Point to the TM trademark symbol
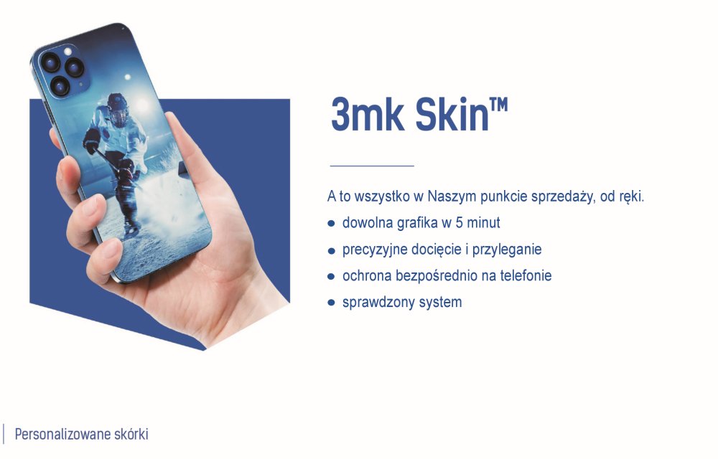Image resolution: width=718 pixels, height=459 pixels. (x=499, y=105)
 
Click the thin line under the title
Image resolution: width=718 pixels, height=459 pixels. (x=372, y=166)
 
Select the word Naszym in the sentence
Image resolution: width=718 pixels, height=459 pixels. (x=452, y=197)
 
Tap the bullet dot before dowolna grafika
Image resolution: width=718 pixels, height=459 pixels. (x=332, y=224)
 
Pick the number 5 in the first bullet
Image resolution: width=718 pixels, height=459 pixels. (x=459, y=222)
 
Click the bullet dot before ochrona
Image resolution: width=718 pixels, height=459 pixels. (x=332, y=277)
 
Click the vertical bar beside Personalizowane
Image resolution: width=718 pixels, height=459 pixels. (x=4, y=434)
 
